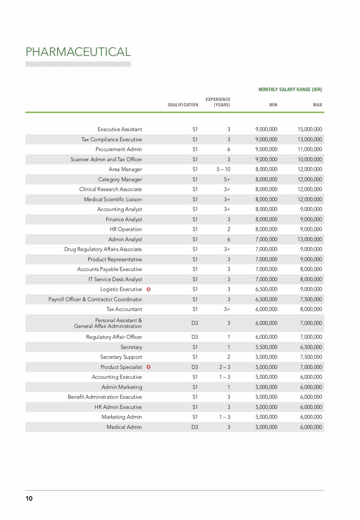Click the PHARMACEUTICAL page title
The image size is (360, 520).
pos(78,52)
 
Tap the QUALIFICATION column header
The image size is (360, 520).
pos(183,105)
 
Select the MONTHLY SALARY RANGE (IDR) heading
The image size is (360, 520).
pos(290,89)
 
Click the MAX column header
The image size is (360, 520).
pos(317,105)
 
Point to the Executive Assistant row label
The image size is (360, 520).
pos(120,129)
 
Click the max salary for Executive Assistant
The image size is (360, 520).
pos(310,129)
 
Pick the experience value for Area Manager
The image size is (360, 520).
pos(223,169)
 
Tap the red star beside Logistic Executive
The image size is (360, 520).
pos(148,289)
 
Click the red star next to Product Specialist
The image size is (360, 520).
pos(148,367)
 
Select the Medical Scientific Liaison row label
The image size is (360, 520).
pos(113,200)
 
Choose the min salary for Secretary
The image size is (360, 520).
pos(266,347)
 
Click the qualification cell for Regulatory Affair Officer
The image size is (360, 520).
pos(195,337)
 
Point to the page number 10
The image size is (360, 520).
pos(29,498)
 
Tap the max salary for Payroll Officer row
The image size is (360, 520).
pos(311,299)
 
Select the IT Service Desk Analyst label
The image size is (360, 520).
pos(115,279)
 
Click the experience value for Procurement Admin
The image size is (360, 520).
pos(229,149)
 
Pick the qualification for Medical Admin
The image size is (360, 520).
pos(195,427)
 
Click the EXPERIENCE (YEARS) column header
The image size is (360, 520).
pos(218,102)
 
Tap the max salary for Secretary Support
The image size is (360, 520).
pos(311,357)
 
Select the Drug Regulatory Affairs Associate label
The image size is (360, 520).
pos(103,249)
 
